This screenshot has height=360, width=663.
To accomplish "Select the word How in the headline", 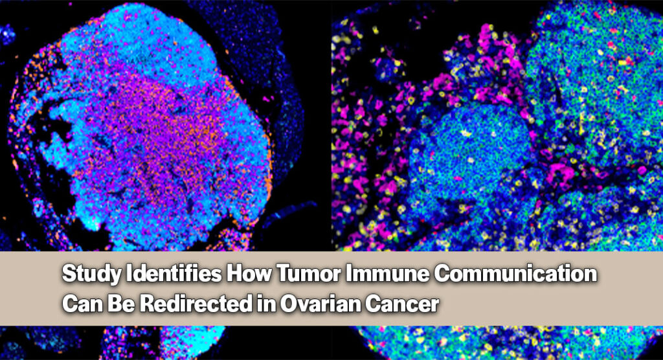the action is pyautogui.click(x=249, y=273).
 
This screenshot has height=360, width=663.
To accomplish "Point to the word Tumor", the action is pyautogui.click(x=309, y=273).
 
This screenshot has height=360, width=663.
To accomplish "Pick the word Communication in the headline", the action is pyautogui.click(x=515, y=273).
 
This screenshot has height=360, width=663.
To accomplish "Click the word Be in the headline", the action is pyautogui.click(x=120, y=304).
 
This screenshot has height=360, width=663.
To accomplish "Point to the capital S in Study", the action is pyautogui.click(x=69, y=274).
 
